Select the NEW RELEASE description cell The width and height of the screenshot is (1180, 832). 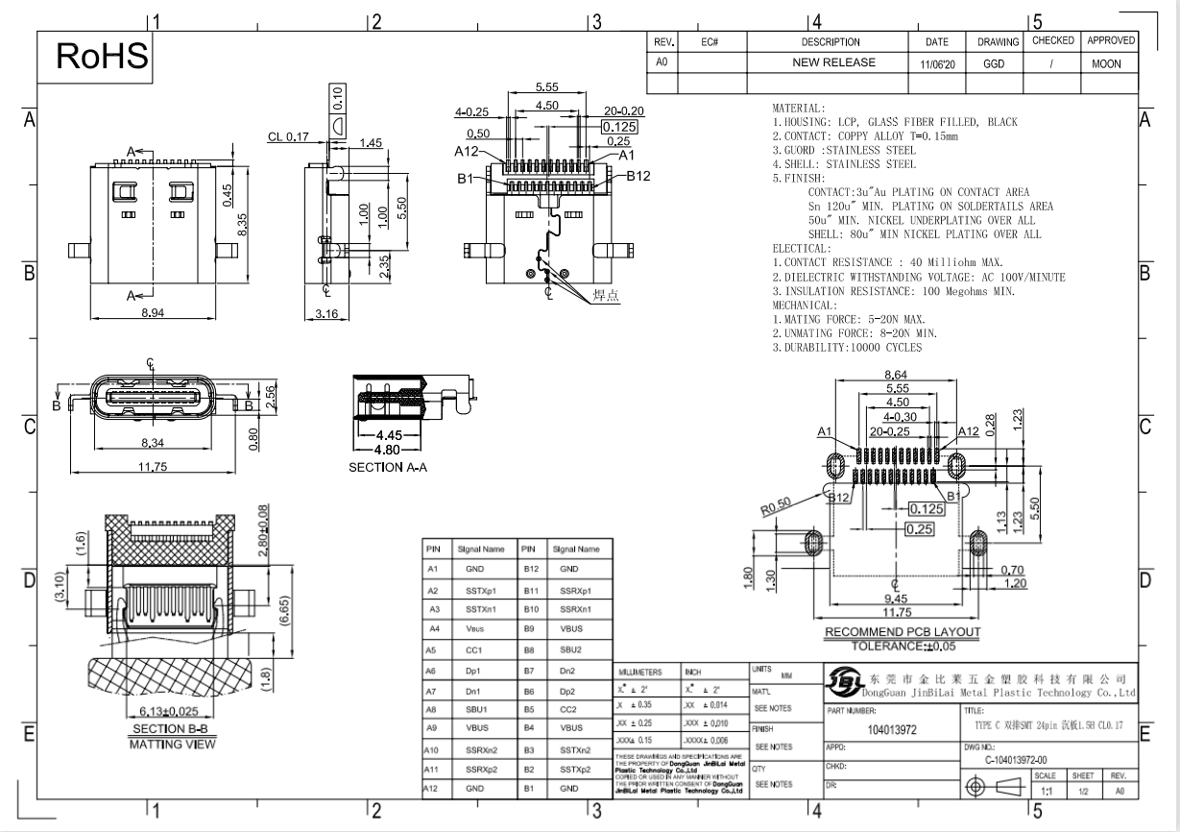pos(832,62)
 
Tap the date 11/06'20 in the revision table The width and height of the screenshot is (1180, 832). pos(936,64)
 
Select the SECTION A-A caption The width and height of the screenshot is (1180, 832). pos(387,467)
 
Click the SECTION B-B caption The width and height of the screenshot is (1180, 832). pos(172,729)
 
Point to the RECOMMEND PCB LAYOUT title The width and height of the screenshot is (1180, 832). pos(903,632)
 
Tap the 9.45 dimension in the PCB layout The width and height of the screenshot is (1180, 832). pos(896,599)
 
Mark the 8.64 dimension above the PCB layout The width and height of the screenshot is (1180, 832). pos(895,375)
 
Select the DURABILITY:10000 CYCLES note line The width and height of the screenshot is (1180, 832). pos(847,347)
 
